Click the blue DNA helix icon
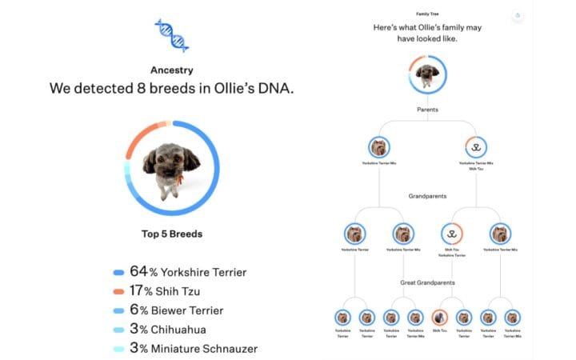(x=171, y=34)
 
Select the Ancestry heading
(x=171, y=70)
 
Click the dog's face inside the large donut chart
(x=168, y=160)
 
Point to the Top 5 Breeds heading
(x=171, y=234)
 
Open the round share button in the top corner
(x=518, y=15)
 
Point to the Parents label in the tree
(x=427, y=109)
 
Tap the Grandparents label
(x=427, y=195)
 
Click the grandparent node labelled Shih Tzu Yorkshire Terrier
(x=452, y=234)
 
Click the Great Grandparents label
(x=427, y=282)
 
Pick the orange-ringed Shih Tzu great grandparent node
(x=440, y=318)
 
